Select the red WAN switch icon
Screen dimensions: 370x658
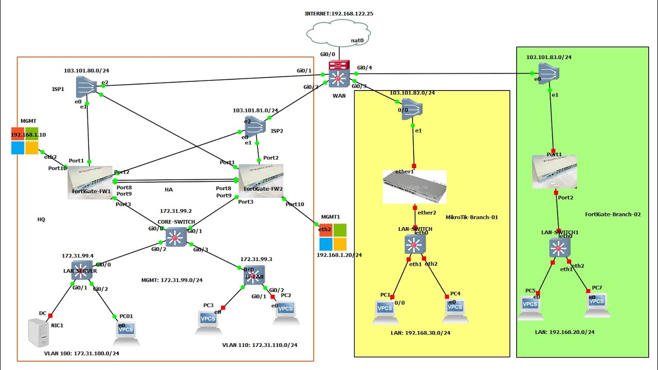[x=339, y=73]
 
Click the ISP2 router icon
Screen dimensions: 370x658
[x=255, y=126]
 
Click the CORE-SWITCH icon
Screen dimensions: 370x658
[x=175, y=237]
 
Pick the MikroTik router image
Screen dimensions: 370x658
[x=414, y=187]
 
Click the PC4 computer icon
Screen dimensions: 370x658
[x=455, y=310]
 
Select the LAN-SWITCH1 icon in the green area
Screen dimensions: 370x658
[x=559, y=249]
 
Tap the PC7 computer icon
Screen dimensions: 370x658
[x=597, y=305]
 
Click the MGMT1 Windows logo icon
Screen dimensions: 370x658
[x=333, y=237]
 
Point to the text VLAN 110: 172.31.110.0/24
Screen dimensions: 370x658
[x=260, y=345]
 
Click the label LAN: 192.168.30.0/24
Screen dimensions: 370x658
[x=420, y=332]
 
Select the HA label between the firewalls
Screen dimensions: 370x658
[x=169, y=190]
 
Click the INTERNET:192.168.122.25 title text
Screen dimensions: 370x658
[x=339, y=14]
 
